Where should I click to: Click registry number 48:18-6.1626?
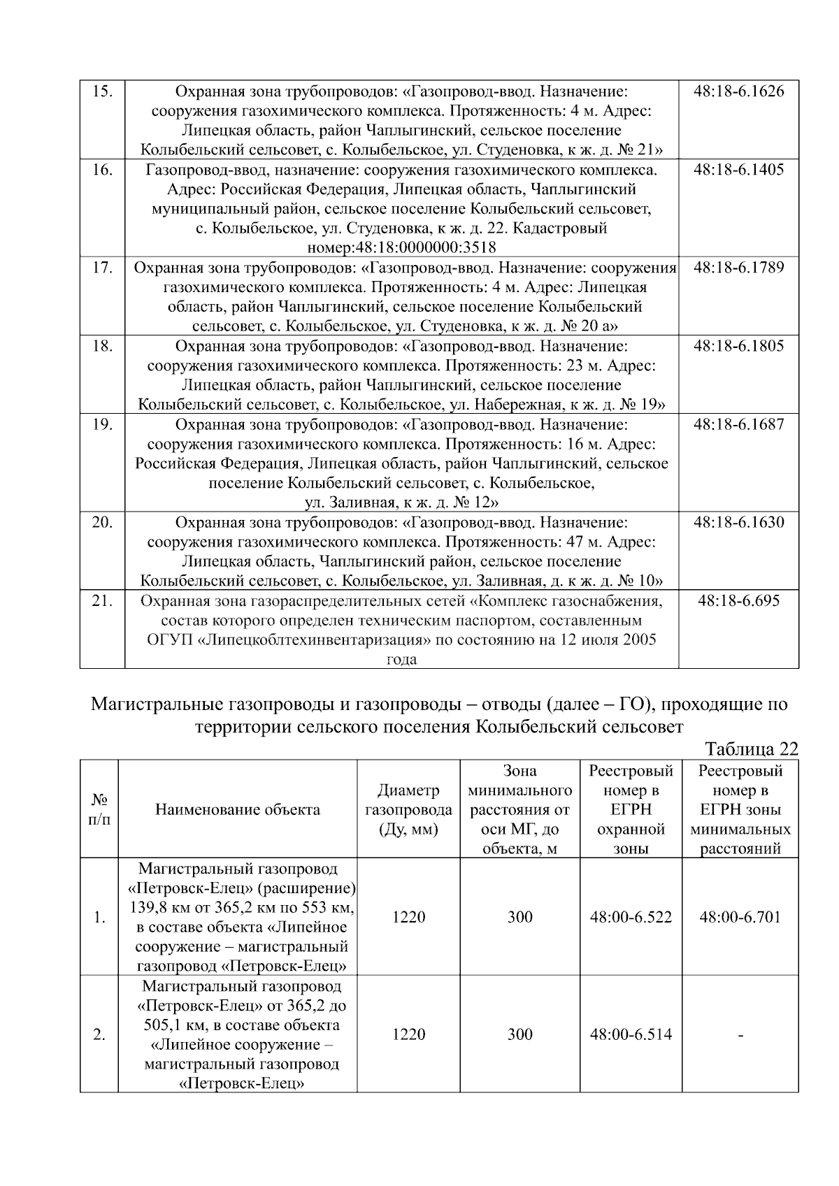tap(738, 91)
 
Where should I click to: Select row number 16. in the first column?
tap(102, 170)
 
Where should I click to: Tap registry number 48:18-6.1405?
tap(738, 170)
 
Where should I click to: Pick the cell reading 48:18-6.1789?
tap(738, 268)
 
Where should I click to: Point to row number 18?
tap(102, 346)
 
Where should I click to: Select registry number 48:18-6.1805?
tap(738, 346)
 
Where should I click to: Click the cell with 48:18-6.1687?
tap(738, 424)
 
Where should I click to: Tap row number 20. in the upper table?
tap(102, 522)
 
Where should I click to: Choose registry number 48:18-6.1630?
tap(738, 522)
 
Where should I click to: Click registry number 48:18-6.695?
tap(738, 600)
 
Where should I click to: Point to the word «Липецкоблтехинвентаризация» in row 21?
tap(308, 640)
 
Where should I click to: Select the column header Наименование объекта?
tap(238, 809)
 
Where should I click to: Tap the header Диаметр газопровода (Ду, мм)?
tap(408, 809)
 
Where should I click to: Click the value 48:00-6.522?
tap(631, 917)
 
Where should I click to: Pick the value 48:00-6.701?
tap(740, 917)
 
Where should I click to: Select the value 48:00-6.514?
tap(631, 1034)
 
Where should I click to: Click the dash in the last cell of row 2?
tap(740, 1034)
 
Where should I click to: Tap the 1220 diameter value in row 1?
tap(408, 917)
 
